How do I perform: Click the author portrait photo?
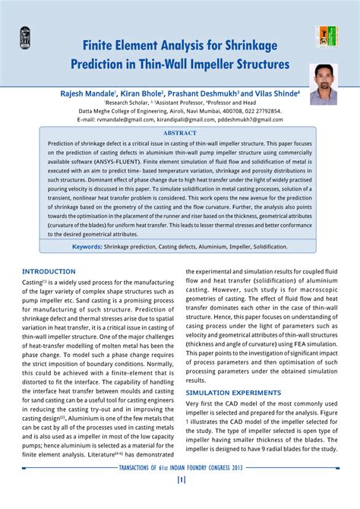tap(324, 84)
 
